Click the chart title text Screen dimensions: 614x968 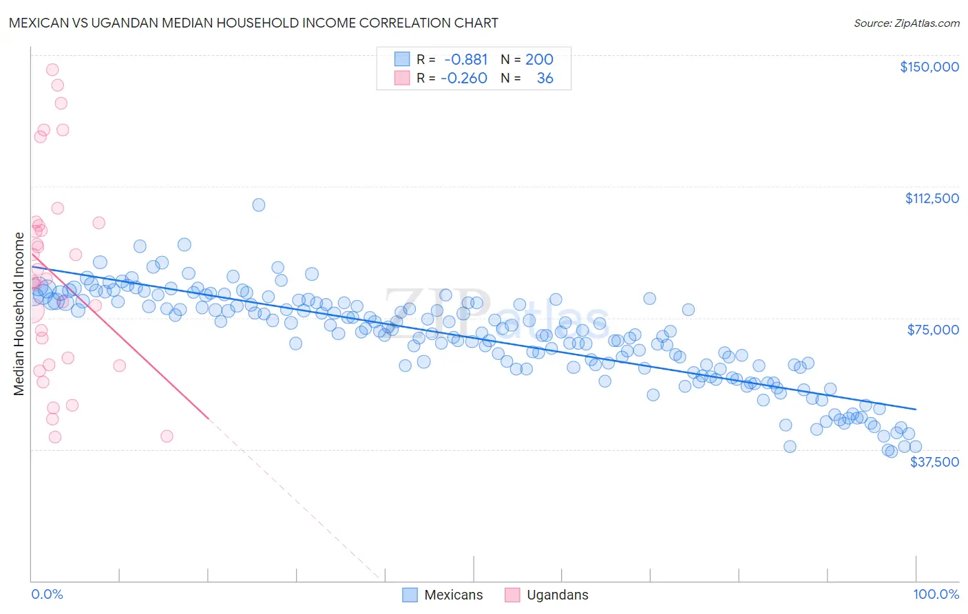click(253, 23)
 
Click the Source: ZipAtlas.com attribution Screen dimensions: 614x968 click(906, 23)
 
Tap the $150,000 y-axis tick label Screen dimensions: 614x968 click(929, 67)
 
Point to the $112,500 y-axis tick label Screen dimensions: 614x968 click(932, 198)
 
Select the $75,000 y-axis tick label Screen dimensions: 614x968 click(932, 330)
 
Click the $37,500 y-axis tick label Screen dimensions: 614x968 click(934, 462)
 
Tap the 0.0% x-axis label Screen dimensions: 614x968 click(47, 594)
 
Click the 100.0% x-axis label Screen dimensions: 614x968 click(936, 594)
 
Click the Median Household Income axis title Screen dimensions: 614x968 click(19, 314)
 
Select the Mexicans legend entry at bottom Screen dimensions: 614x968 click(443, 595)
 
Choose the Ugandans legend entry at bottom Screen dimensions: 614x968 click(547, 595)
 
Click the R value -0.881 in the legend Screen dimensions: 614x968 click(465, 60)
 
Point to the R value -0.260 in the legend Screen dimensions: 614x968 click(463, 78)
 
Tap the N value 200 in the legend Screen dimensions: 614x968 click(539, 60)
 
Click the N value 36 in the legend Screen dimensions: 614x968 click(545, 78)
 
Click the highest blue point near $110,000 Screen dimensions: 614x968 click(259, 205)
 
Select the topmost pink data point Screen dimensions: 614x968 click(52, 70)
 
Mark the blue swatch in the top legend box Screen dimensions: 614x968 click(402, 59)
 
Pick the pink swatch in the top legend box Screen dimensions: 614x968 click(402, 78)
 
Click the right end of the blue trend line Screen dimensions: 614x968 click(916, 409)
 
